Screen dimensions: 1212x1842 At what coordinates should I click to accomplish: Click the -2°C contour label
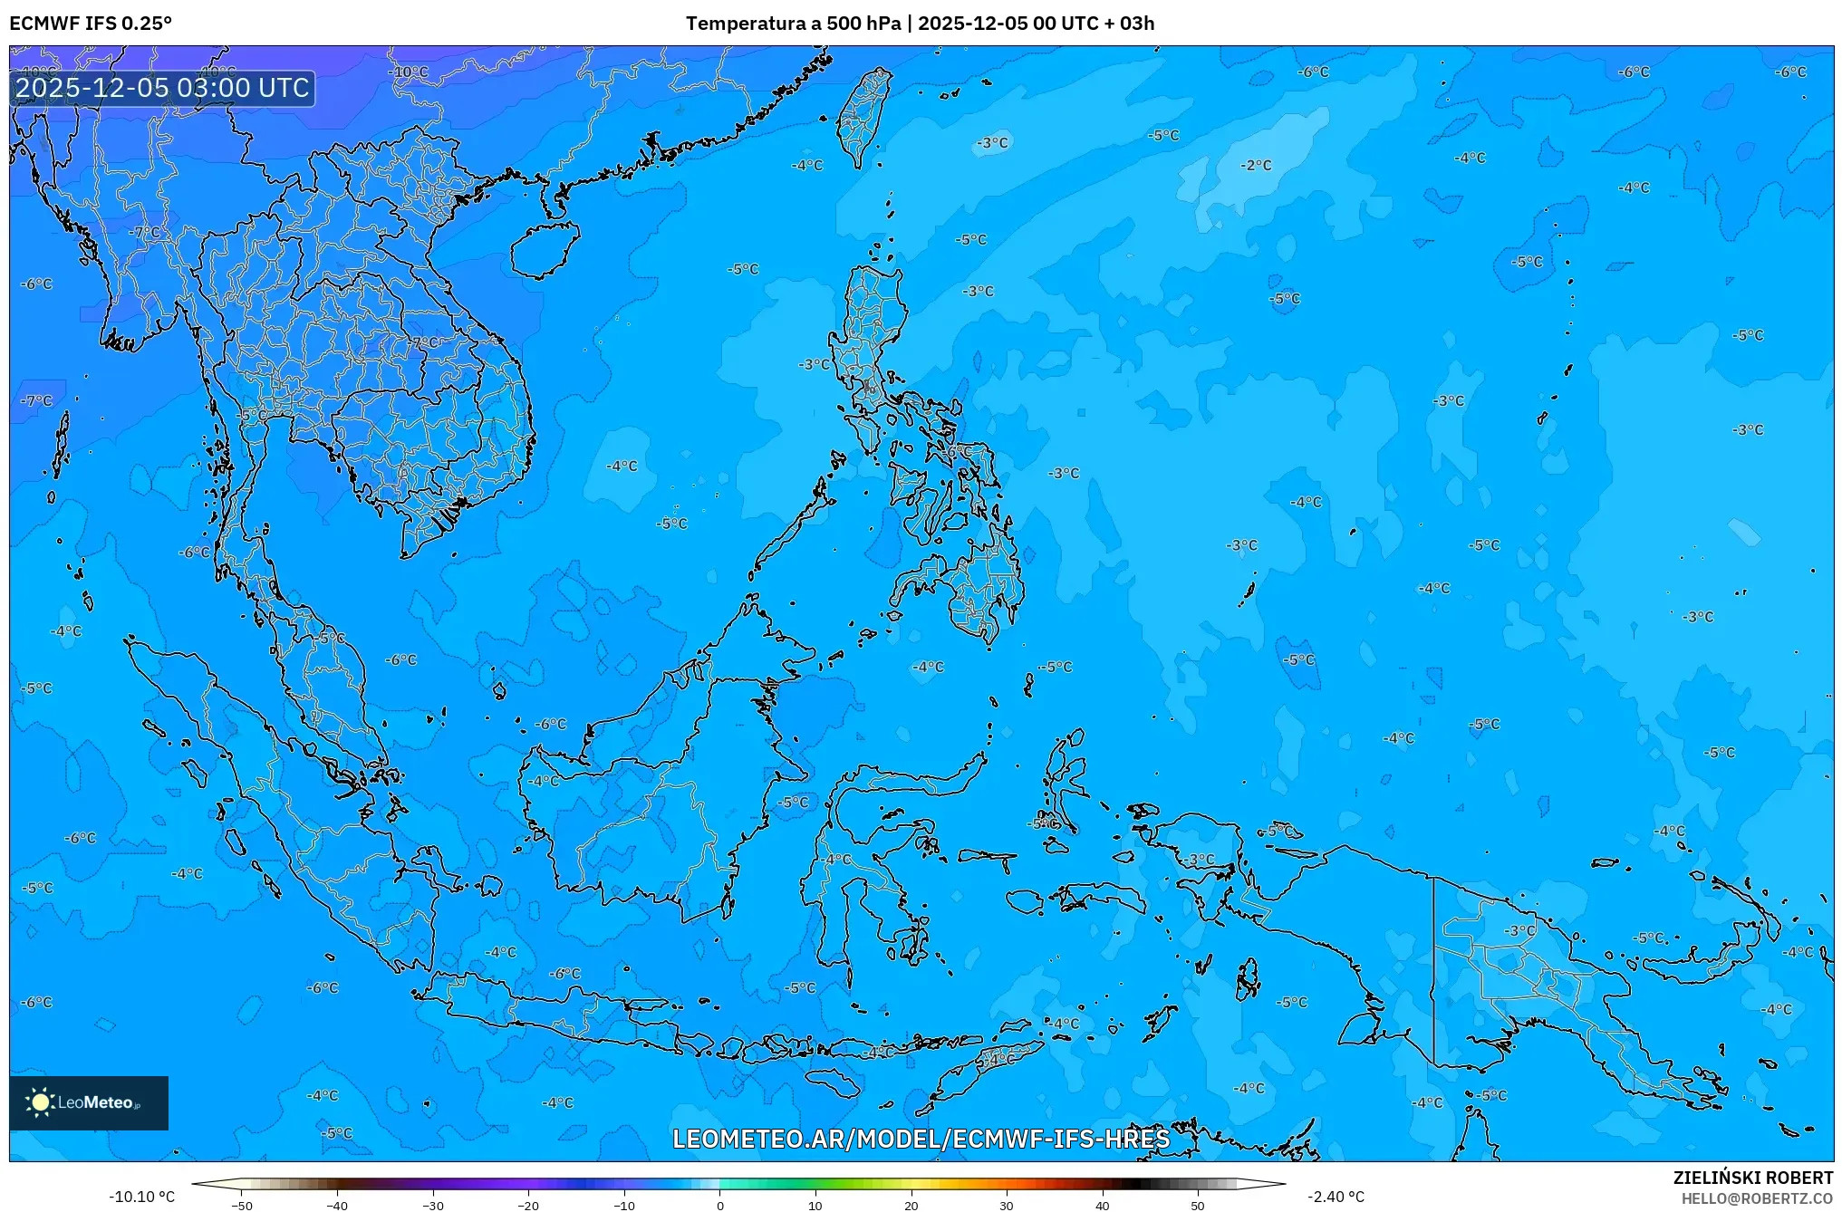1257,166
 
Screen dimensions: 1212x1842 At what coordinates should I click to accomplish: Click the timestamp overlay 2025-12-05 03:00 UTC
162,88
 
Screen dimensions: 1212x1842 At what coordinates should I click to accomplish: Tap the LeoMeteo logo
88,1102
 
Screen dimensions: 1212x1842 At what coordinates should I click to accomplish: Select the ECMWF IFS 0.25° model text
91,24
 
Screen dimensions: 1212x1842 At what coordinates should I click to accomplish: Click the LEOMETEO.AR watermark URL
921,1139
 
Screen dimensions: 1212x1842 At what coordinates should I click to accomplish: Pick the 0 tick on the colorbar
720,1205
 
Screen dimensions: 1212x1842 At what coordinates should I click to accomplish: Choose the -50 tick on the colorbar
242,1205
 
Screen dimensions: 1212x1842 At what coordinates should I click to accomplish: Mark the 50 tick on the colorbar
1198,1205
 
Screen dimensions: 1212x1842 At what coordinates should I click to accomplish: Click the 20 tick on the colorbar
911,1205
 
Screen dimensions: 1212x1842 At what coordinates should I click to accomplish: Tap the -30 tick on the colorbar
433,1205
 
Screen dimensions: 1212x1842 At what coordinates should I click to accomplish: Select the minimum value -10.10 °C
142,1197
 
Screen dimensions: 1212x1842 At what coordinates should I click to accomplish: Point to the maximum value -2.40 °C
1336,1197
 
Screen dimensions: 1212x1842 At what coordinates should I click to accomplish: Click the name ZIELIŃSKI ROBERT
1753,1178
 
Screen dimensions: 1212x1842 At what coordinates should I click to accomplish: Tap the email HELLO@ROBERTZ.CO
1758,1198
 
